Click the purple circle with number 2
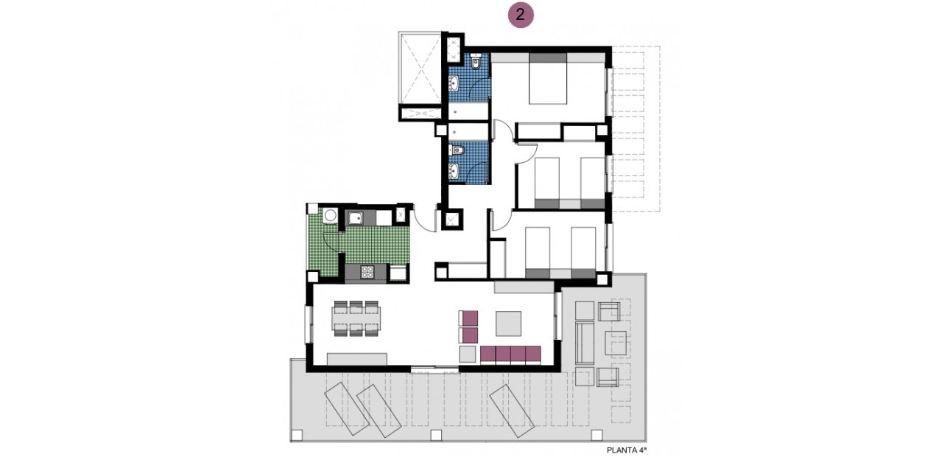[521, 15]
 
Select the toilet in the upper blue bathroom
[476, 63]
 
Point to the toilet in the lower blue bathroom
[458, 150]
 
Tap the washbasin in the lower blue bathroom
[454, 171]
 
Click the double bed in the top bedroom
[548, 80]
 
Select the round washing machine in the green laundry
[331, 215]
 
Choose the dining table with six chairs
[356, 318]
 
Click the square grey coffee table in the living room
[508, 323]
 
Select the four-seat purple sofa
[511, 355]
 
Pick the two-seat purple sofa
[469, 326]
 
